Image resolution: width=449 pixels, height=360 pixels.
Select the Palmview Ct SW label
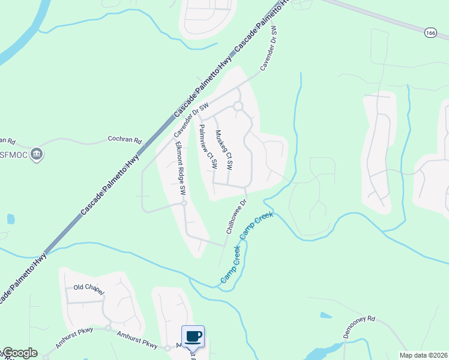click(x=207, y=150)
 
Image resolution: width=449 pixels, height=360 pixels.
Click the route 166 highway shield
click(x=429, y=32)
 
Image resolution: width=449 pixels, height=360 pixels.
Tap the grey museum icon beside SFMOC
click(x=37, y=154)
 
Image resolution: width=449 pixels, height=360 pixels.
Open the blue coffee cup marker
click(x=193, y=336)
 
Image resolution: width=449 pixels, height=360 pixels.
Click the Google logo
click(x=19, y=353)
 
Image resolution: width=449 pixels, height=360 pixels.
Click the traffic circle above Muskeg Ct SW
click(x=238, y=106)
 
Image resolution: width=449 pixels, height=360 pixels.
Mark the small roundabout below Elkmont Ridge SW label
click(x=184, y=203)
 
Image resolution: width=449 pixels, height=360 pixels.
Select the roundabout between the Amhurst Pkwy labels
click(x=108, y=328)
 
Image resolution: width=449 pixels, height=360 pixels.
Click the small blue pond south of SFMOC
click(x=10, y=219)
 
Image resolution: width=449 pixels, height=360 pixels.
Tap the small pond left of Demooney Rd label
click(x=325, y=315)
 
